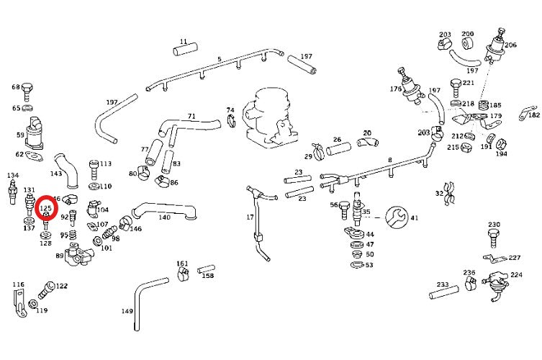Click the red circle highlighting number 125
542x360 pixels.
tap(47, 207)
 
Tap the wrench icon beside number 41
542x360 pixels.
tap(396, 215)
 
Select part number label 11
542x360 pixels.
tap(184, 42)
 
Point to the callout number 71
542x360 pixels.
tap(191, 115)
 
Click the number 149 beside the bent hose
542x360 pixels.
tap(127, 311)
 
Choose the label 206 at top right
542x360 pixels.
tap(510, 45)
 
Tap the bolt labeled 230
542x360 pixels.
tap(493, 235)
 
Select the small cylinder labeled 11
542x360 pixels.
tap(184, 52)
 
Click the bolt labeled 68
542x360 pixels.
tap(27, 90)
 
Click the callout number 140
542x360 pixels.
tap(164, 217)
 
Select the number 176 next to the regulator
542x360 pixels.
tap(395, 89)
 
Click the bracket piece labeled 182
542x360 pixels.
tap(525, 112)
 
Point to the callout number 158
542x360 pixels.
tap(207, 275)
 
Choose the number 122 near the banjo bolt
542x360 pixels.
tap(62, 286)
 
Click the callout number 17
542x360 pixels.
tap(250, 217)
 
